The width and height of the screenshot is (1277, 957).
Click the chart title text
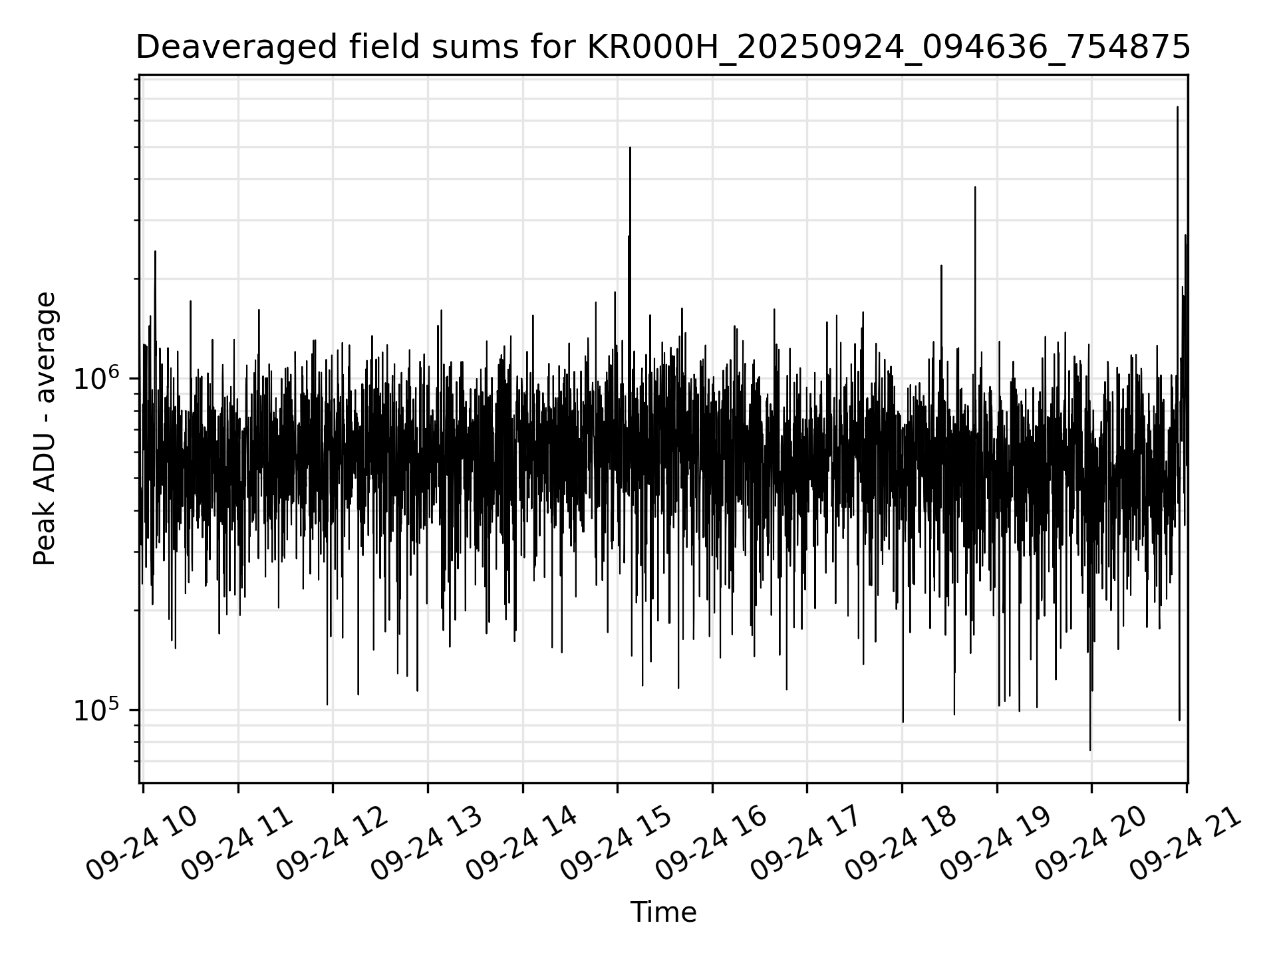point(662,48)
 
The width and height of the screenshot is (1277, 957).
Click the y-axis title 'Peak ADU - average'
point(45,429)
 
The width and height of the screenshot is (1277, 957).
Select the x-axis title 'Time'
point(663,912)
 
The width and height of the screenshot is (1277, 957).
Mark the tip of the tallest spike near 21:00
point(1177,107)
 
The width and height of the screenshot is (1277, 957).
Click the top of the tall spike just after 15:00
point(630,148)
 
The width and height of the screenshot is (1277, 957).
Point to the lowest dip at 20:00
point(1090,750)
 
